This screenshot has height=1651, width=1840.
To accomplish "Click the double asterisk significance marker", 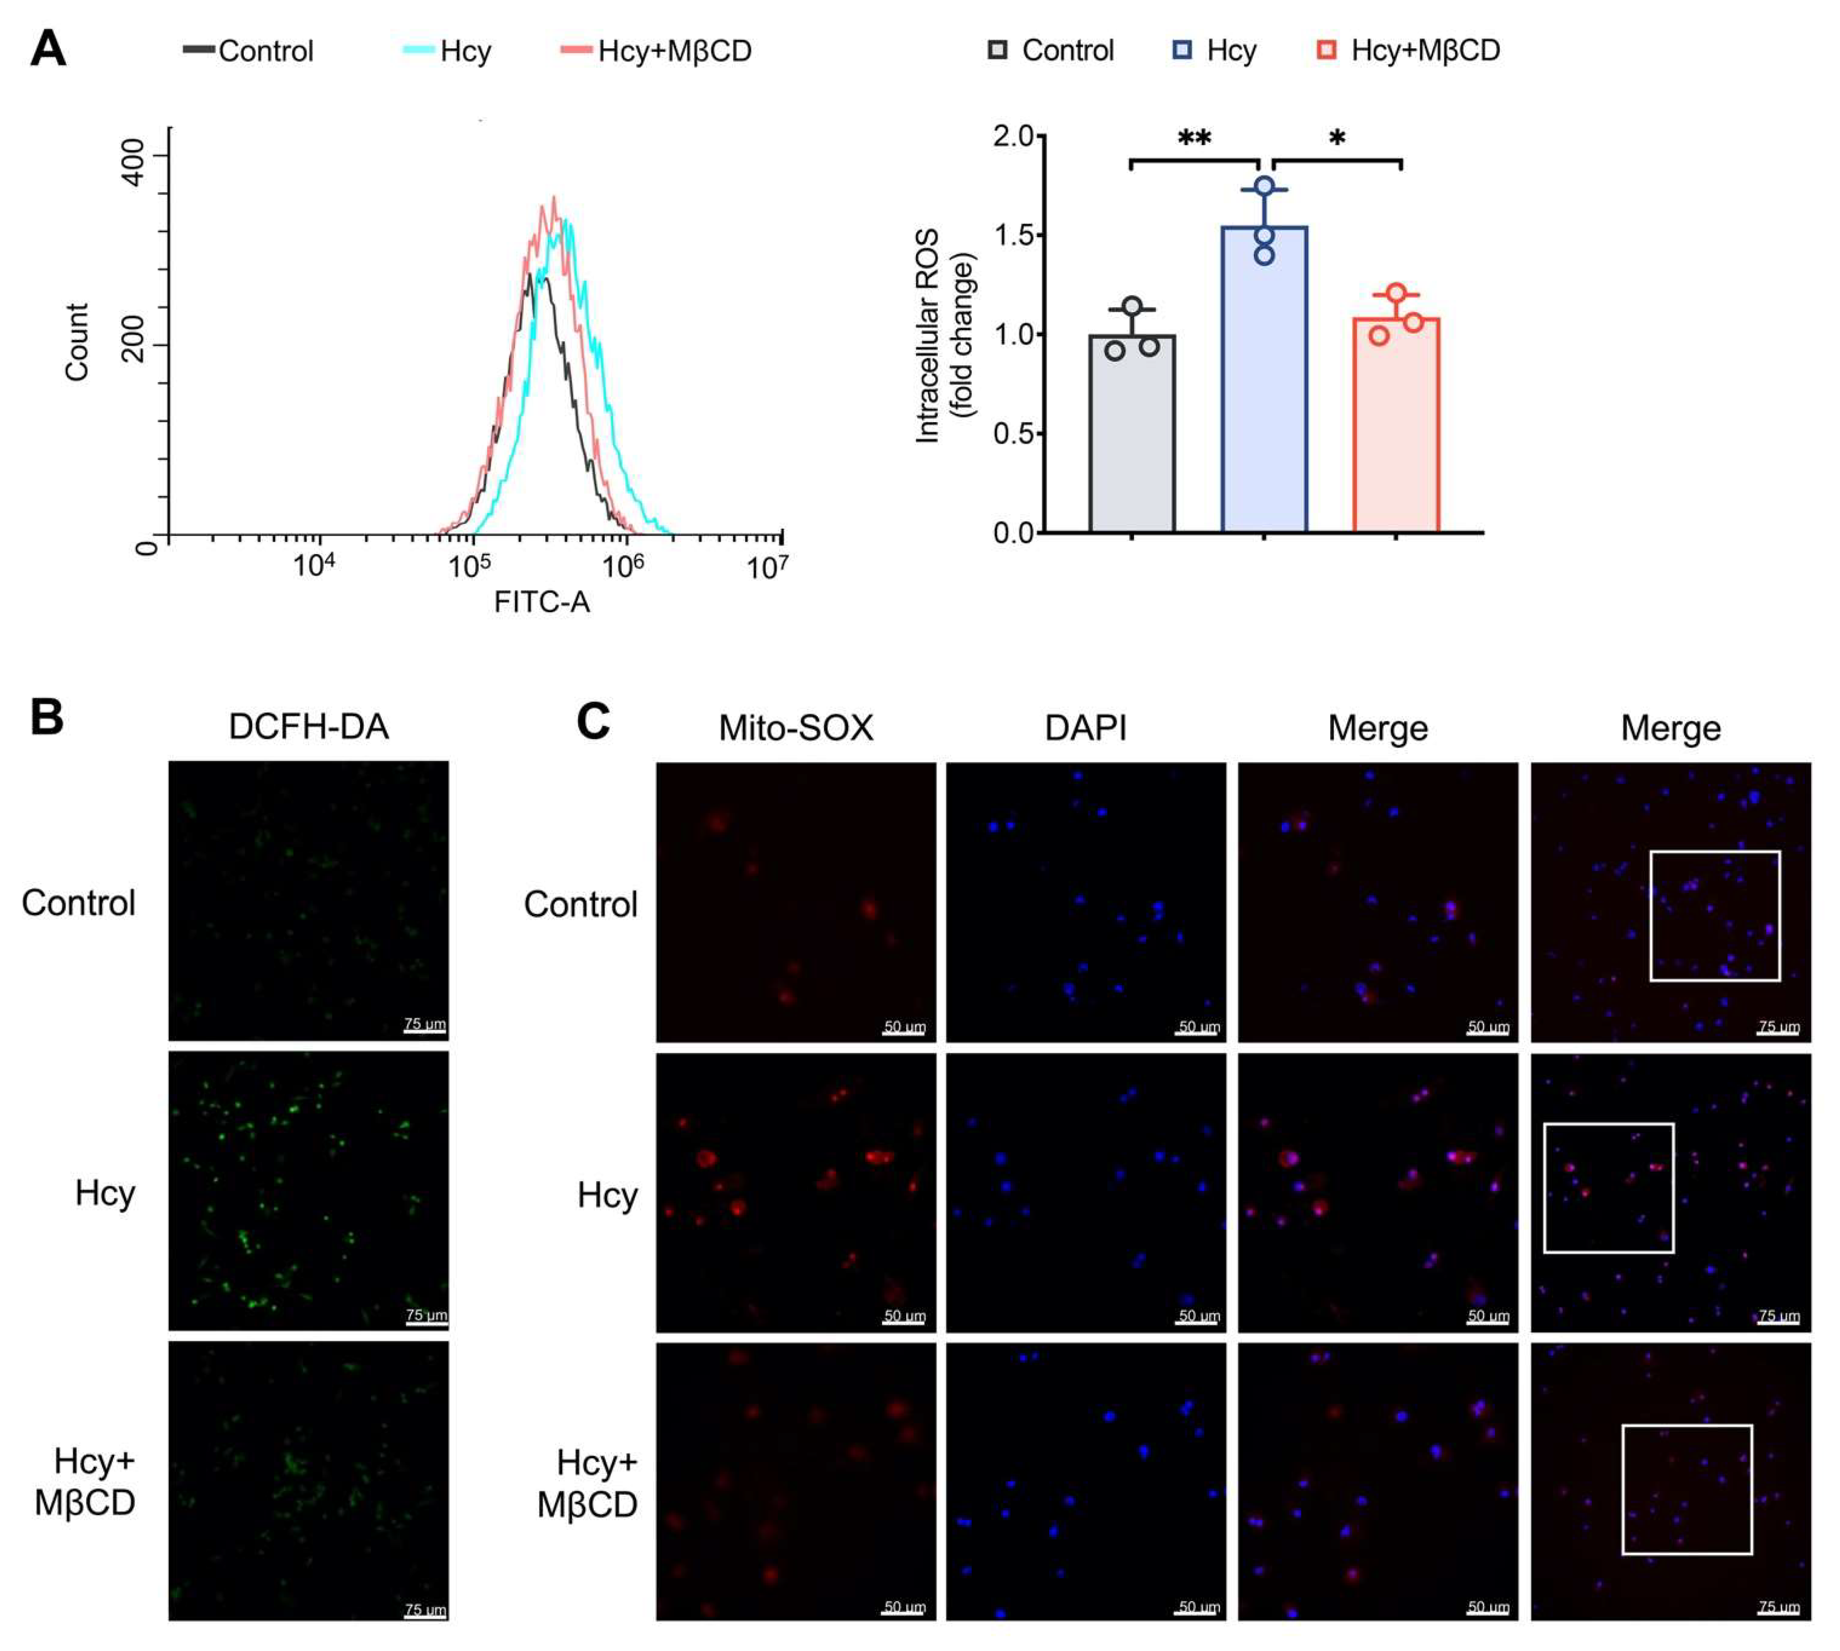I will pos(1194,139).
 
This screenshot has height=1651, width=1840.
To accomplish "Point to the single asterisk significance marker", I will pos(1336,139).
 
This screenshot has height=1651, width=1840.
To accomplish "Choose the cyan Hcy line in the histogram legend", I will pos(418,50).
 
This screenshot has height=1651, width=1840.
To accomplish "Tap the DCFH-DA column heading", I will pos(309,727).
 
